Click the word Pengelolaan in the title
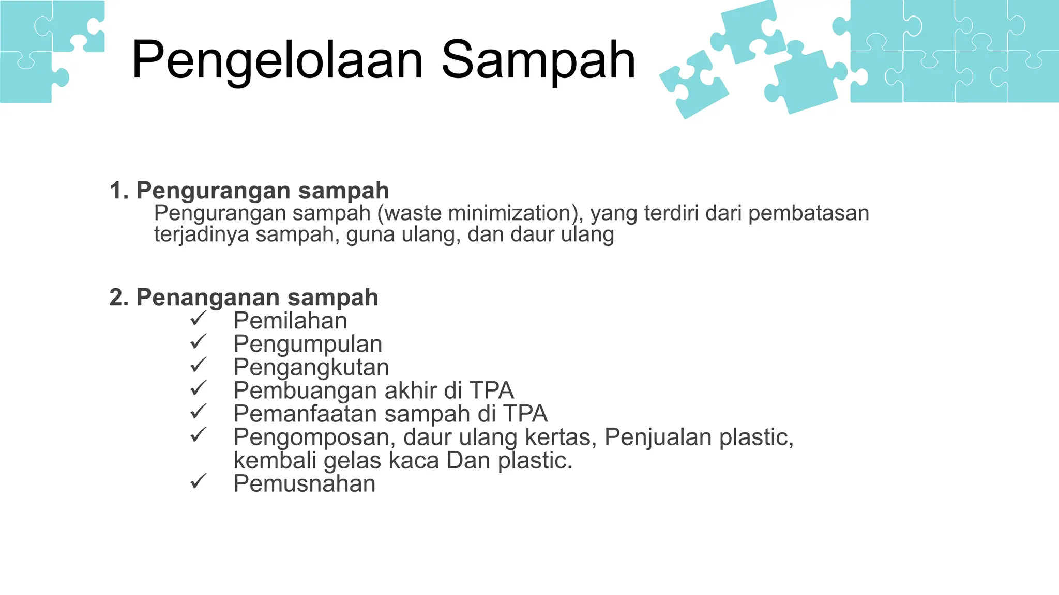[277, 61]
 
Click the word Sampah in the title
[538, 61]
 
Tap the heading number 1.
[118, 191]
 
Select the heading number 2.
[118, 297]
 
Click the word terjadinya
[201, 234]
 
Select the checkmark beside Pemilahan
[198, 319]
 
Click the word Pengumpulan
[308, 344]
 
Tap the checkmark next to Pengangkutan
[198, 365]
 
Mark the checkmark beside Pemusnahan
[198, 482]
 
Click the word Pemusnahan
[304, 483]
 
